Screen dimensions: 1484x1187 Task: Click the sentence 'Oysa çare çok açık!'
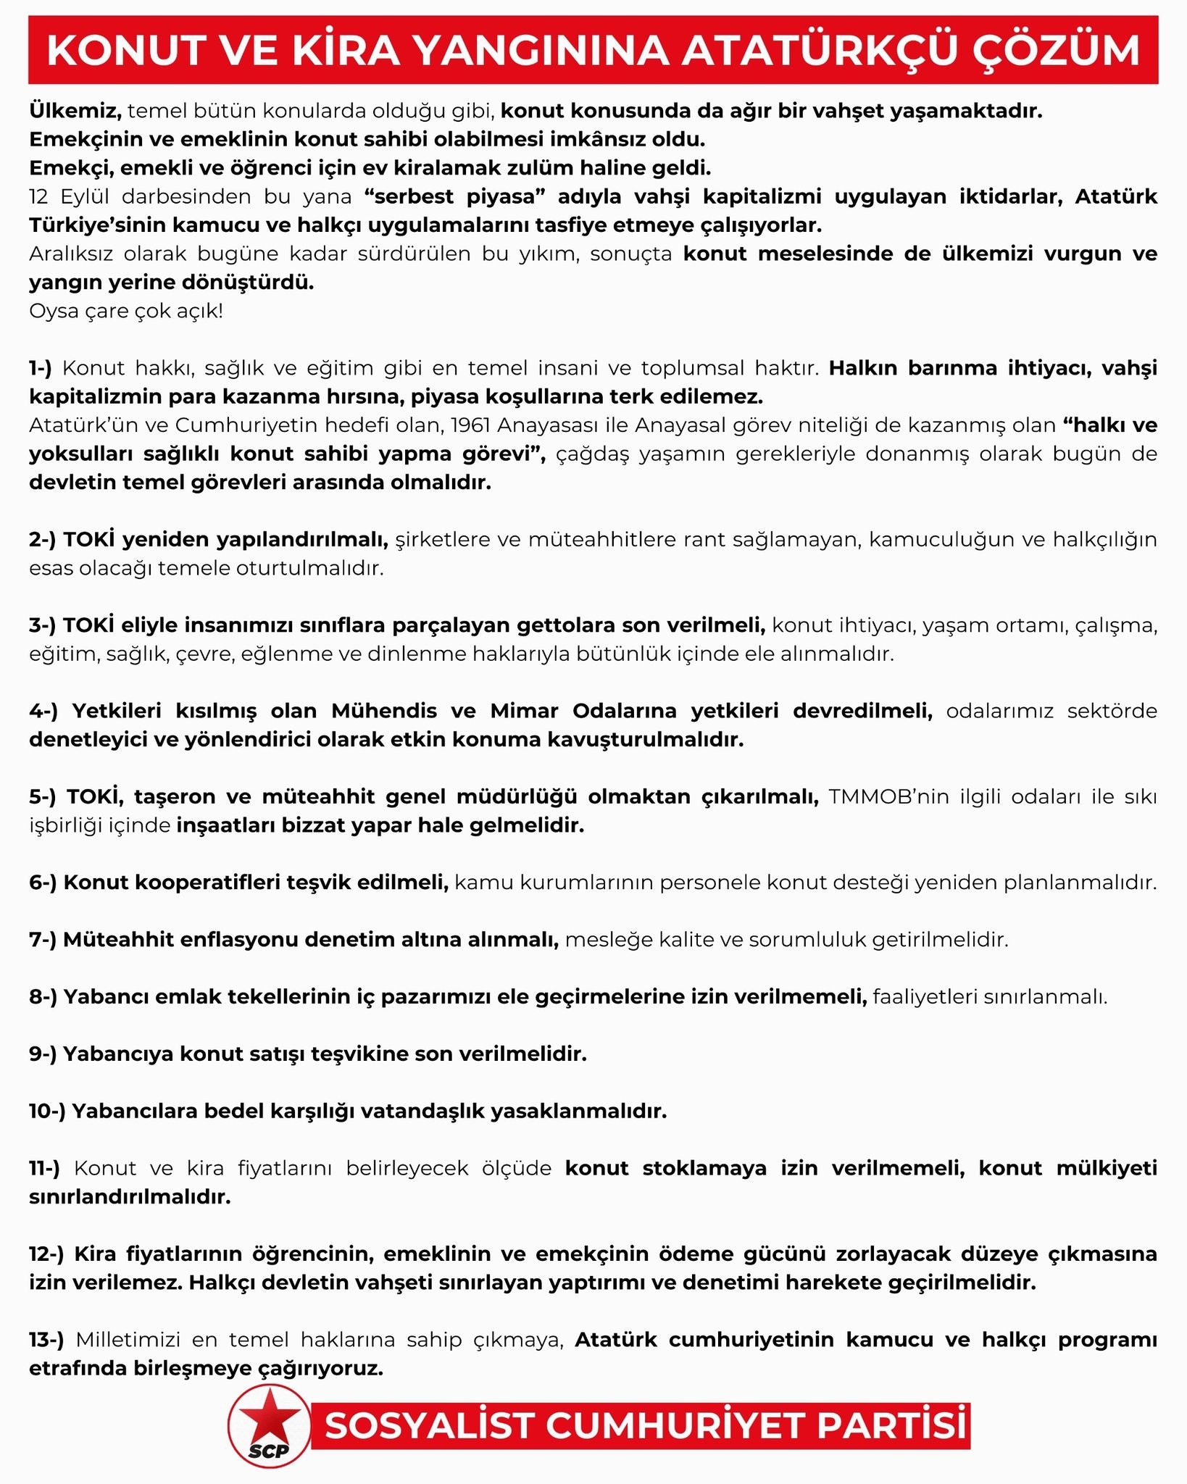126,312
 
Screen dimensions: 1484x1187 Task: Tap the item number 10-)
46,1111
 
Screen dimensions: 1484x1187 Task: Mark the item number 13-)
46,1340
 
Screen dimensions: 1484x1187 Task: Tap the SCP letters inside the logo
268,1451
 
